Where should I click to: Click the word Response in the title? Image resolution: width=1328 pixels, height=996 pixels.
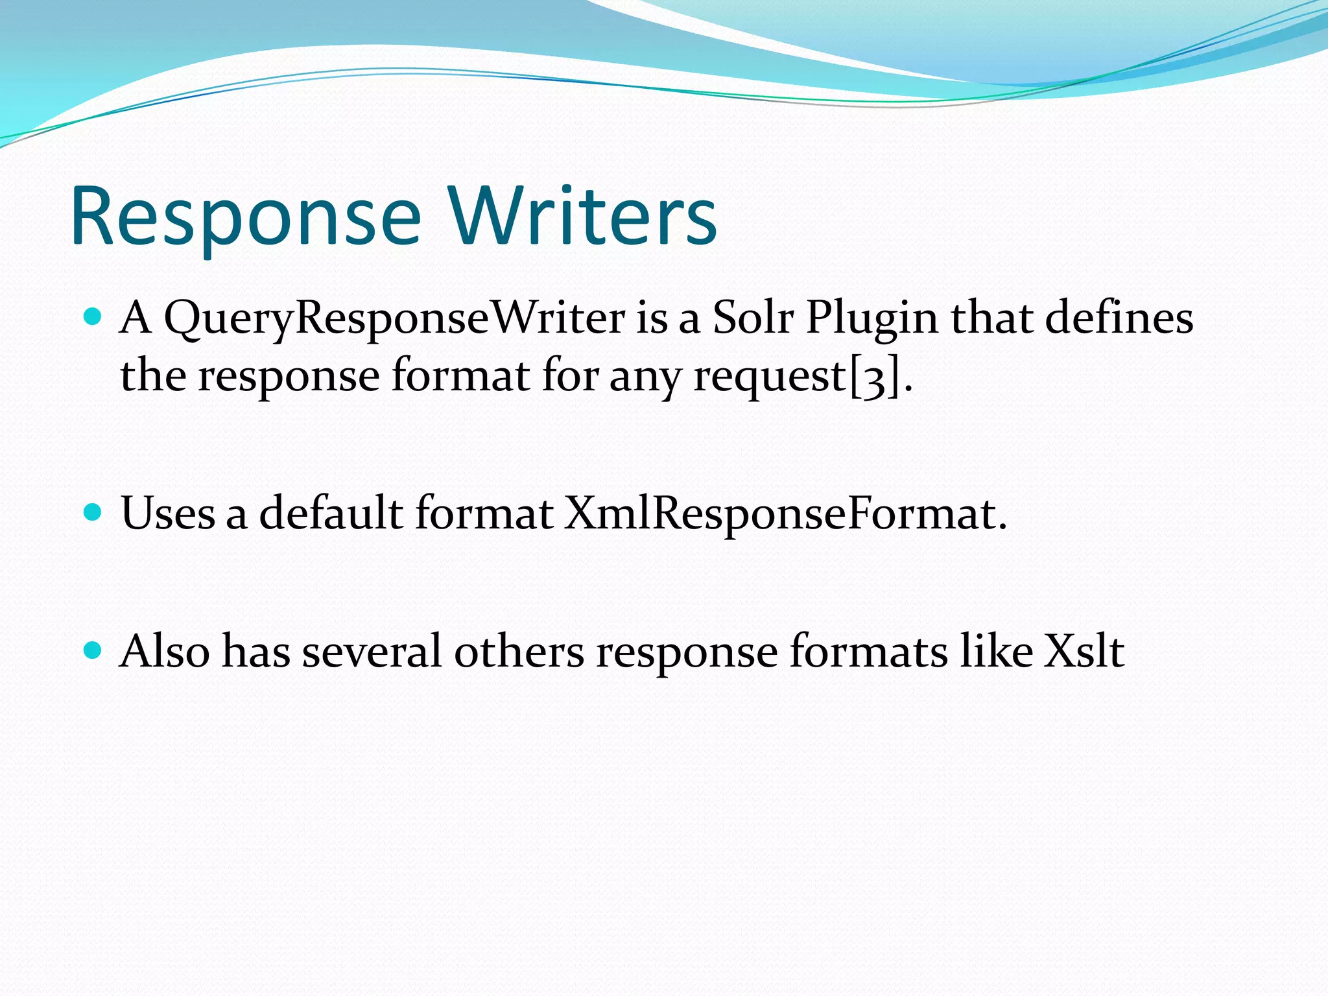click(246, 217)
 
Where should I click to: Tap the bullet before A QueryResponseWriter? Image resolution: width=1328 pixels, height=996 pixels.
click(93, 316)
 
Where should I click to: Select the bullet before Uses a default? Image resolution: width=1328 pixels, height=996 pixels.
click(93, 513)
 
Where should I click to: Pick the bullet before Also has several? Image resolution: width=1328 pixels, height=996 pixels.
click(93, 650)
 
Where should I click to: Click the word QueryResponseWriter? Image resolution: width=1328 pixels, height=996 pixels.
click(394, 319)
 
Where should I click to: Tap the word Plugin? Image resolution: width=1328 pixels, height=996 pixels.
click(871, 319)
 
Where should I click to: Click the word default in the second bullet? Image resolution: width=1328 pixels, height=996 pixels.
click(331, 513)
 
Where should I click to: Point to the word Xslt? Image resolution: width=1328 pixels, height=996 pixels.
click(1084, 651)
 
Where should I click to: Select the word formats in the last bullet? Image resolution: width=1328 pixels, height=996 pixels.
click(868, 651)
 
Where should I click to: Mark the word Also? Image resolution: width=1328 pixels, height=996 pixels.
click(165, 651)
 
